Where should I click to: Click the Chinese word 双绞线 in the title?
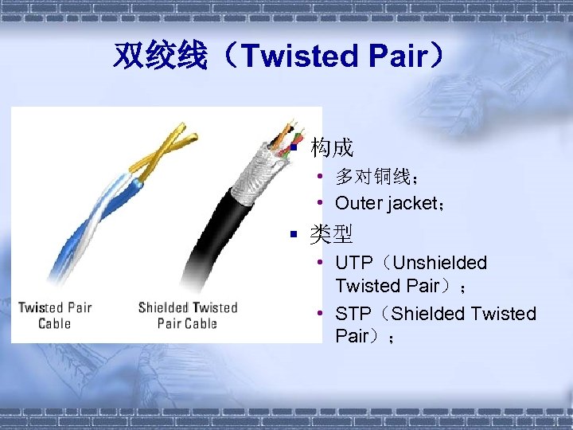pos(160,56)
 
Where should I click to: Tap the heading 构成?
pos(332,147)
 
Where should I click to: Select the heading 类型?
pos(332,234)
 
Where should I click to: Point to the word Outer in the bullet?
pos(359,203)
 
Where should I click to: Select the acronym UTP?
pos(353,263)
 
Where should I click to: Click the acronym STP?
pos(353,314)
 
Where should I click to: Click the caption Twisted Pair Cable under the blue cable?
pos(55,315)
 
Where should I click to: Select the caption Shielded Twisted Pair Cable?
pos(188,315)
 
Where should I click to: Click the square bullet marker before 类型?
pos(294,235)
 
